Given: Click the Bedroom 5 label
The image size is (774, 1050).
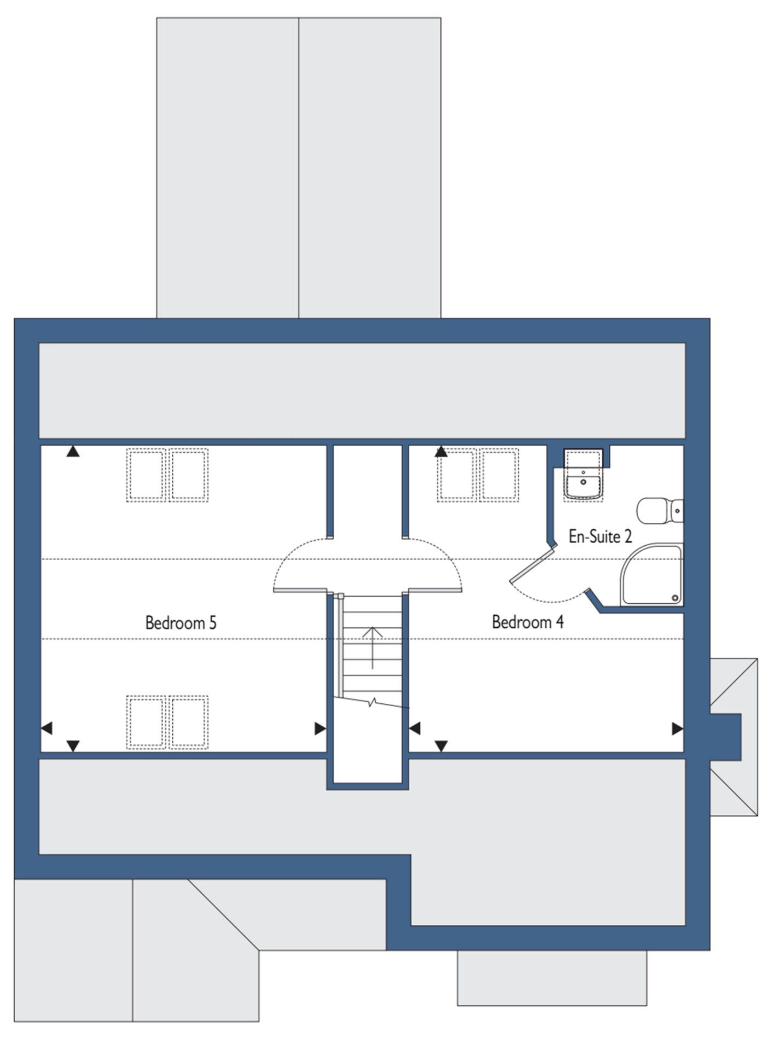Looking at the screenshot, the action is tap(181, 622).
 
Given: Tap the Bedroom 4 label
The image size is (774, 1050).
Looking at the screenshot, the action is tap(527, 622).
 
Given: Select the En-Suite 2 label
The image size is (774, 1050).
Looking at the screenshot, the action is tap(600, 536).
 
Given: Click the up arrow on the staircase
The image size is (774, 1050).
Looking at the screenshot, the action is tap(373, 647).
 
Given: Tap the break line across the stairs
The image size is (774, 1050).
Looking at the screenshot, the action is tap(372, 702).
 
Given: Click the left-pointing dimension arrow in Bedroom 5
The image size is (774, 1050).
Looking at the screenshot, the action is tap(47, 728).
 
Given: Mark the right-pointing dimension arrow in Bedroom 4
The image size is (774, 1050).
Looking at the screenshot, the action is tap(678, 728).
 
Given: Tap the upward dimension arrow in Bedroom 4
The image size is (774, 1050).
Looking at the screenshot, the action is tap(441, 451).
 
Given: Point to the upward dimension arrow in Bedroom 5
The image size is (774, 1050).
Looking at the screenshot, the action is tap(73, 451).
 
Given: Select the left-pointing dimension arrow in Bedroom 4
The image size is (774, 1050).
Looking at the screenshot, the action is tap(415, 728).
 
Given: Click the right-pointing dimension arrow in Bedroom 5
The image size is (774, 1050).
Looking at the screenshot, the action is tap(321, 728).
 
